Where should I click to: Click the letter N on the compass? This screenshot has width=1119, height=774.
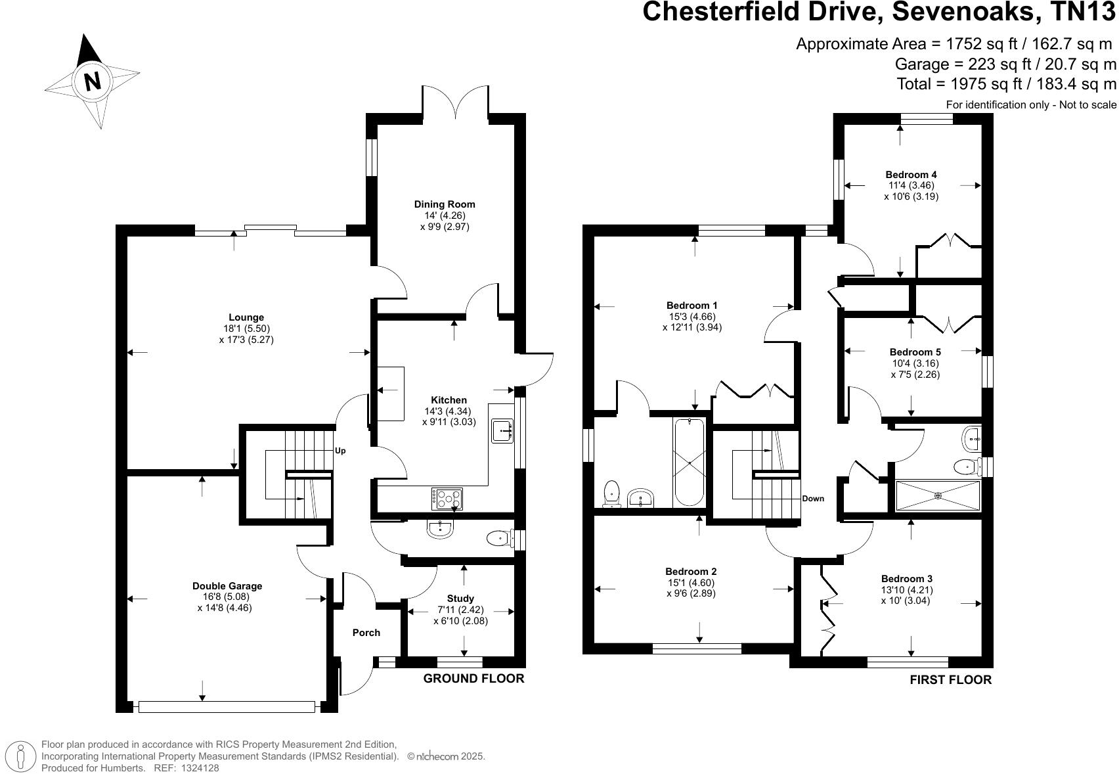click(92, 81)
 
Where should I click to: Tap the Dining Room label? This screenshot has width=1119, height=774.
click(444, 204)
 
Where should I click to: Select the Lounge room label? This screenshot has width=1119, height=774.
click(246, 317)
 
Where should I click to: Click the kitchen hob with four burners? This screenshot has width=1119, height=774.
click(447, 499)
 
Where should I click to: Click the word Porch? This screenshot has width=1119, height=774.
click(366, 633)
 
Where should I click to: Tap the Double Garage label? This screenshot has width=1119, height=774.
click(227, 586)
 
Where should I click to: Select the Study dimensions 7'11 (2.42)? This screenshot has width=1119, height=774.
click(460, 610)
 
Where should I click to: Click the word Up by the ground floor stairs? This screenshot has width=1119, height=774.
click(340, 451)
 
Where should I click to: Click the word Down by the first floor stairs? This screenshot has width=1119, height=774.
click(812, 499)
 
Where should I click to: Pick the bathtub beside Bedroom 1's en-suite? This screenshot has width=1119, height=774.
click(690, 462)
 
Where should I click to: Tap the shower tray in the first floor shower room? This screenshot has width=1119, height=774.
click(938, 495)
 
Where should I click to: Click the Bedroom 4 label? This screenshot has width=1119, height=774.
click(911, 174)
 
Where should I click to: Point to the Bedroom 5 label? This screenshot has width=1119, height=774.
click(915, 352)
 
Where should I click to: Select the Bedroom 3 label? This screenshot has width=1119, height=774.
click(906, 579)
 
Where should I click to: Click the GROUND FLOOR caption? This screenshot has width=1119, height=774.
click(473, 679)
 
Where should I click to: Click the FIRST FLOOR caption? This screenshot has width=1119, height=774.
click(950, 680)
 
